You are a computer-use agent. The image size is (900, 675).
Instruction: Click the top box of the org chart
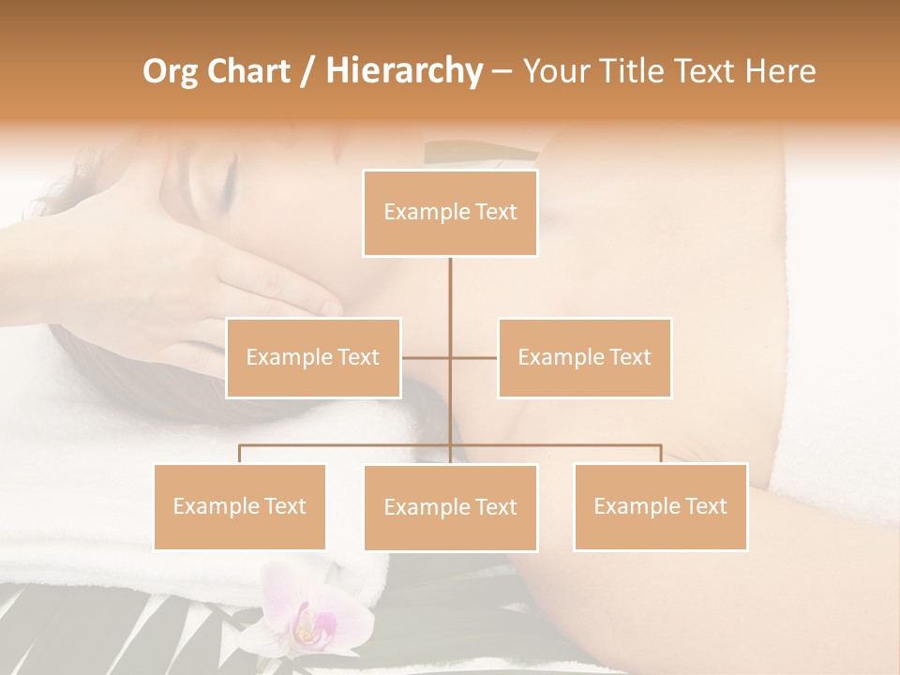[x=450, y=213]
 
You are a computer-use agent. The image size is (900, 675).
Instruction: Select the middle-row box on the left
[x=313, y=358]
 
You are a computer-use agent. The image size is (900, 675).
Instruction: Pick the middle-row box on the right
[x=584, y=358]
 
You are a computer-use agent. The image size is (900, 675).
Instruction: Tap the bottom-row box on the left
[x=239, y=507]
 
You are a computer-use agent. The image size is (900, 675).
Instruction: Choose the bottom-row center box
[x=450, y=508]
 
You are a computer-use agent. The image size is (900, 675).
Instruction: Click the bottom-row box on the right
[x=660, y=507]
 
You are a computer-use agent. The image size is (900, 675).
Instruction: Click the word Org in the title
[x=170, y=71]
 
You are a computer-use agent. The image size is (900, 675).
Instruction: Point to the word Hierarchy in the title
[x=403, y=71]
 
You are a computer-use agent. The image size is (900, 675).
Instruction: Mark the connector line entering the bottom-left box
[x=239, y=454]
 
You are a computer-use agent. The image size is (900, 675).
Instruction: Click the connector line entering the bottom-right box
[x=660, y=454]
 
